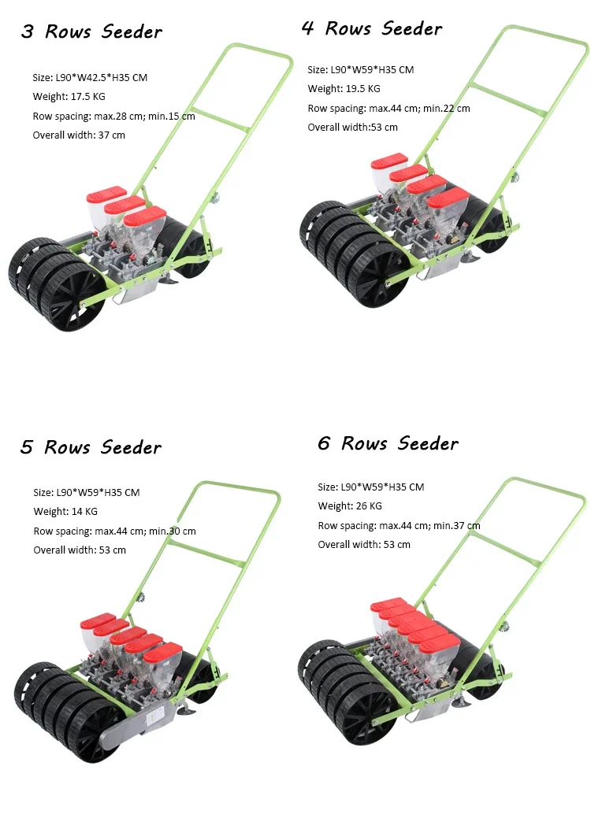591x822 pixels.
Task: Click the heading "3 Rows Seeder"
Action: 91,32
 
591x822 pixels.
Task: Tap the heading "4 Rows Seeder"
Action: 372,29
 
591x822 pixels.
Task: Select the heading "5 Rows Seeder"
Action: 91,447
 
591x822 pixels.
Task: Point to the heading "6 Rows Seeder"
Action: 388,443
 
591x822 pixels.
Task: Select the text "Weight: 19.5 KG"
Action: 344,89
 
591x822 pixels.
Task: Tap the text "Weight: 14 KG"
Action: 65,512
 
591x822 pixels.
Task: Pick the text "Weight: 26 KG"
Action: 350,506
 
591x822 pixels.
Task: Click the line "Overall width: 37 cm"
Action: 79,135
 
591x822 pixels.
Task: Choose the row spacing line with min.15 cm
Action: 113,117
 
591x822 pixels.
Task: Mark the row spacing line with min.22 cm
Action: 388,109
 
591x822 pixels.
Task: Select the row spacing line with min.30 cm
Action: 114,531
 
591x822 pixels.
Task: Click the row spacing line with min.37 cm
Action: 399,526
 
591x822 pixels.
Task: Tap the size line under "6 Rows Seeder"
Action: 370,487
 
